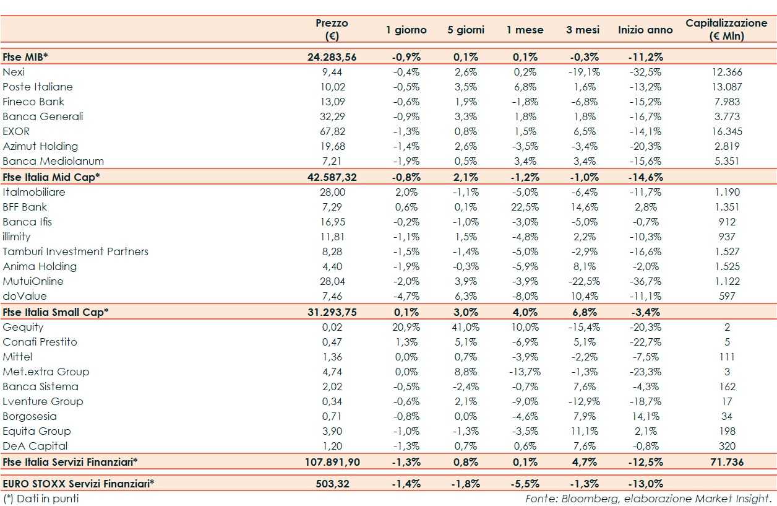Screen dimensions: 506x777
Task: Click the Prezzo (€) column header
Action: click(332, 29)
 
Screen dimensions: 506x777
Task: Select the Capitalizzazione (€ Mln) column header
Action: click(726, 29)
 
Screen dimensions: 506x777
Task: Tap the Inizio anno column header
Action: click(645, 30)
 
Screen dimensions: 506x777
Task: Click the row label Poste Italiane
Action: click(38, 87)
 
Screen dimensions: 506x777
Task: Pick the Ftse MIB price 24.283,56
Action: click(332, 57)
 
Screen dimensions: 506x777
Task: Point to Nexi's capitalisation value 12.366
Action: click(727, 72)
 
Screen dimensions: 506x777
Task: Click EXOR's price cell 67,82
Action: click(333, 131)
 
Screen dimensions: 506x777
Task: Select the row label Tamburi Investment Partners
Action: click(75, 251)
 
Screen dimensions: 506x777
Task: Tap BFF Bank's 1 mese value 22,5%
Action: click(525, 207)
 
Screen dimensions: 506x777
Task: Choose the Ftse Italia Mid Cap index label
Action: click(51, 177)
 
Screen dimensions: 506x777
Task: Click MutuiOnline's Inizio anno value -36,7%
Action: click(645, 281)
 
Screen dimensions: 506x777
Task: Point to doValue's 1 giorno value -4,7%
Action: click(406, 296)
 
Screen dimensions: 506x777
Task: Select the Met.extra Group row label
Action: click(46, 372)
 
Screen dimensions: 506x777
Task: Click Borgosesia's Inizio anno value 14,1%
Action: click(648, 416)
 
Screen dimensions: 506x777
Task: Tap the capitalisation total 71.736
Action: click(726, 461)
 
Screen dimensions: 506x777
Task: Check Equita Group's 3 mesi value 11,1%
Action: click(583, 431)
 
